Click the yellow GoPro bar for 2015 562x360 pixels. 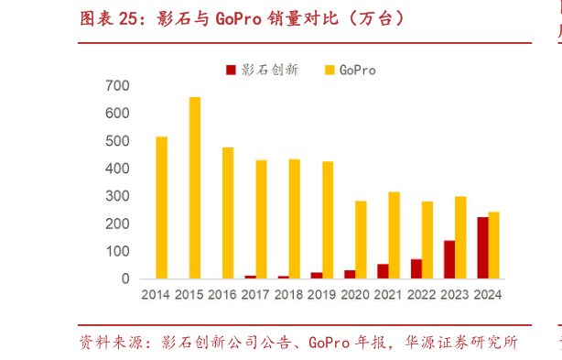click(x=195, y=188)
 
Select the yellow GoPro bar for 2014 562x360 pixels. click(x=161, y=208)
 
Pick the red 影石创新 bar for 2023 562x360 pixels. click(x=449, y=260)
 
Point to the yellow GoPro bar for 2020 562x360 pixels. click(x=361, y=240)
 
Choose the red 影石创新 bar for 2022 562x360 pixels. click(x=416, y=269)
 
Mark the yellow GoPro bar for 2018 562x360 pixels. click(x=294, y=219)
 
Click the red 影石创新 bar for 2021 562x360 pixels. click(x=383, y=272)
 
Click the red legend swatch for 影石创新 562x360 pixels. click(x=231, y=70)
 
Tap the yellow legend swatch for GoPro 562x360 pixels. click(x=330, y=70)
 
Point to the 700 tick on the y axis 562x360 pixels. click(x=117, y=86)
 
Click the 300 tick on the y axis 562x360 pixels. click(x=117, y=196)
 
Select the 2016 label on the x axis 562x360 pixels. click(x=222, y=295)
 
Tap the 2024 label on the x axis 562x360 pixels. click(x=488, y=295)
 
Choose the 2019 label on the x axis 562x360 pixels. click(x=321, y=295)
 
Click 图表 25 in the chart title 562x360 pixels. click(x=106, y=19)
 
